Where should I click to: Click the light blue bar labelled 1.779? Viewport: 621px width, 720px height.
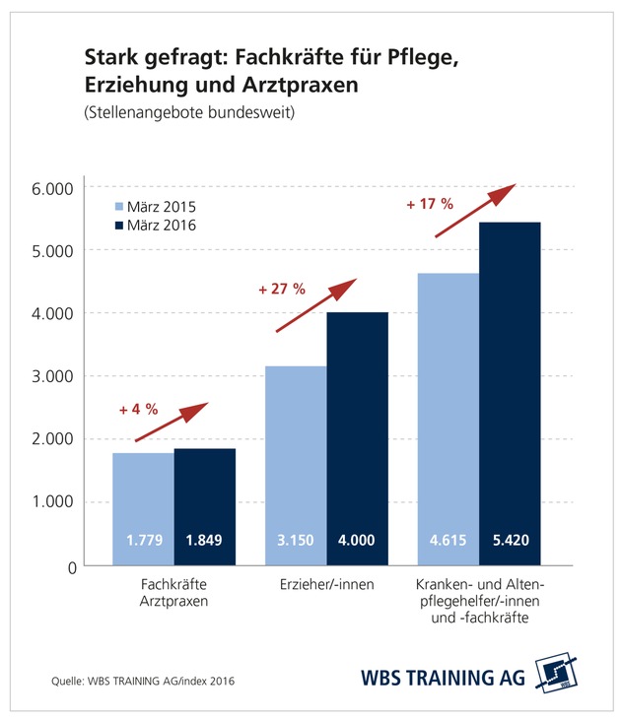point(143,507)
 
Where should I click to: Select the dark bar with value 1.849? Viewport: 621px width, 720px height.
point(205,505)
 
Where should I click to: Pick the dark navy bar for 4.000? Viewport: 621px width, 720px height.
point(357,438)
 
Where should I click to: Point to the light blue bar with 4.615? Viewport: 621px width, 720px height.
point(448,419)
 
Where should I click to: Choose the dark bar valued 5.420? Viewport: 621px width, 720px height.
point(510,394)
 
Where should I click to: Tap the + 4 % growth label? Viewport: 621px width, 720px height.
point(138,409)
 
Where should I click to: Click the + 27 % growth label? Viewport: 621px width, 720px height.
point(281,291)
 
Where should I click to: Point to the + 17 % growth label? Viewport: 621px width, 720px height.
point(429,205)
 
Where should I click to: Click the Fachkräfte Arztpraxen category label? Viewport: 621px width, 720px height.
point(173,593)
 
